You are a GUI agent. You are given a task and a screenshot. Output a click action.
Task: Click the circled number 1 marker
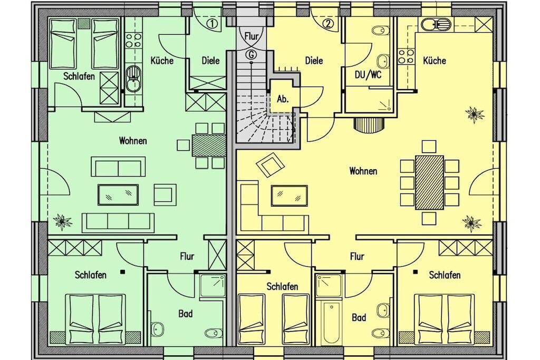pos(213,24)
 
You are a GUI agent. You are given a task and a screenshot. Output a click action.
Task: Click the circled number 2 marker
pos(329,24)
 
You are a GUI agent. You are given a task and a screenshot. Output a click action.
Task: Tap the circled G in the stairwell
pos(252,54)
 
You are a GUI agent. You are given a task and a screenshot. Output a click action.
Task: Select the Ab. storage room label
pos(283,99)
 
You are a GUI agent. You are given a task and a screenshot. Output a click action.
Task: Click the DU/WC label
pos(368,75)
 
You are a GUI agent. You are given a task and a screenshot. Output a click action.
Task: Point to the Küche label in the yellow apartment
pos(435,61)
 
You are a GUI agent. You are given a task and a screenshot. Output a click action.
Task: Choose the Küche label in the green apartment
pos(162,61)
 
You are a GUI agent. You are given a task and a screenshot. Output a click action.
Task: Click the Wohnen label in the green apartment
pos(133,141)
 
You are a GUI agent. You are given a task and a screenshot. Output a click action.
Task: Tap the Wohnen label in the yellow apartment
pos(363,171)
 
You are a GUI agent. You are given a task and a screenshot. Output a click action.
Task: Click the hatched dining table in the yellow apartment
pos(429,183)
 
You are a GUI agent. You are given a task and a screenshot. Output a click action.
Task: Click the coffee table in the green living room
pos(119,195)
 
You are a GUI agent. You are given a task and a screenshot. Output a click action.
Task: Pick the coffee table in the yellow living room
pos(290,196)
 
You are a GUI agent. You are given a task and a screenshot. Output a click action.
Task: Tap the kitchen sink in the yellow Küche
pos(436,24)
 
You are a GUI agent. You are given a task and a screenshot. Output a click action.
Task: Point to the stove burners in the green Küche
pos(133,41)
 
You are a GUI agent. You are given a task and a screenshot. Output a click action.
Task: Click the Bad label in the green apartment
pos(185,314)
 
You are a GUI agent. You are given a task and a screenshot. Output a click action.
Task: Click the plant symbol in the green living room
pos(62,221)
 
